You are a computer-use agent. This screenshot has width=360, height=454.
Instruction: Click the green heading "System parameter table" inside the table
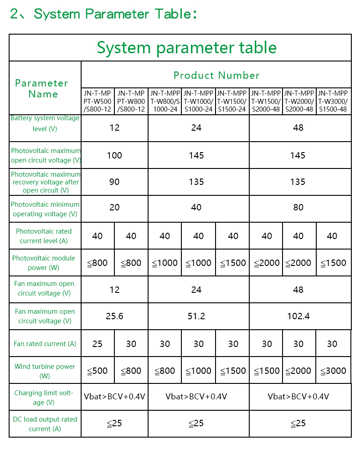(x=186, y=48)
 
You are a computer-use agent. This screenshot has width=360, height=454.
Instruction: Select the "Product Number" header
(x=216, y=75)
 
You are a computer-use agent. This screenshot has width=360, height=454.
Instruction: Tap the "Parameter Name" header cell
(x=41, y=88)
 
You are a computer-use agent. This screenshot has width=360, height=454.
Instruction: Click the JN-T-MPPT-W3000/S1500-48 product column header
(x=333, y=101)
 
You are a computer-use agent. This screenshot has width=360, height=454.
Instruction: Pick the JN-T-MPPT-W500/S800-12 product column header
(x=98, y=101)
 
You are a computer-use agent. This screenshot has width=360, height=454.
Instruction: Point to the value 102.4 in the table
(x=298, y=316)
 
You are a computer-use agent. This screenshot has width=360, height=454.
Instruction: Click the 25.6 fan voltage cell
(x=114, y=316)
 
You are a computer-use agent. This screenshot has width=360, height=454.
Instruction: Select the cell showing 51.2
(x=196, y=316)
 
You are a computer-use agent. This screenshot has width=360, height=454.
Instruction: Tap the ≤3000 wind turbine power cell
(x=333, y=371)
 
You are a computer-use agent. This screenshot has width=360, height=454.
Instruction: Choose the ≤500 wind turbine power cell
(x=98, y=371)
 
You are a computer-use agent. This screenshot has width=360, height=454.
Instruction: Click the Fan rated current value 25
(x=98, y=344)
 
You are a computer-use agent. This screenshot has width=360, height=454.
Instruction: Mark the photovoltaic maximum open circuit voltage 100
(x=114, y=155)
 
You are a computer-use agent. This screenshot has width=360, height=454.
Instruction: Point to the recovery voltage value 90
(x=114, y=182)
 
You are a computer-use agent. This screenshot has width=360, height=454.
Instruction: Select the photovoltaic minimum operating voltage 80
(x=298, y=208)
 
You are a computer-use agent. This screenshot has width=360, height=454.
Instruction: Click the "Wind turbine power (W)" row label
(x=45, y=371)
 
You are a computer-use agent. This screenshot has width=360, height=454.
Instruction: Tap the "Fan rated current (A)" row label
(x=45, y=344)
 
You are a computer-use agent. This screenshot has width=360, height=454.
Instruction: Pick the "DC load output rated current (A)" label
(x=45, y=424)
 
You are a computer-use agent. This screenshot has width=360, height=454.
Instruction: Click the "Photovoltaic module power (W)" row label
(x=44, y=263)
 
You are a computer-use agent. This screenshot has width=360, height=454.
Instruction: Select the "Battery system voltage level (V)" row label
(x=45, y=123)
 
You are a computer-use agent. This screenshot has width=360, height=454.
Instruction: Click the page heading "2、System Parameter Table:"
(x=103, y=14)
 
